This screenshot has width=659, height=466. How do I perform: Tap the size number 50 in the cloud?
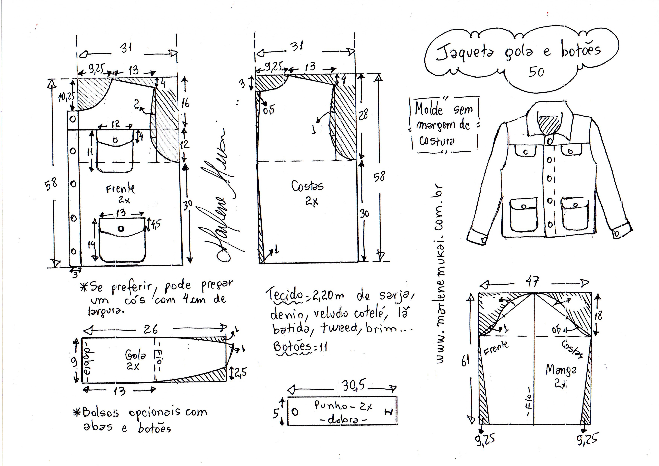(536, 72)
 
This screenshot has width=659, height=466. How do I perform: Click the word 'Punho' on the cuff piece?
(327, 406)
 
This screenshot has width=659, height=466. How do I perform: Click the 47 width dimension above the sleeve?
(532, 282)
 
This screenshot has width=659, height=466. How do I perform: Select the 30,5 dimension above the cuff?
(353, 386)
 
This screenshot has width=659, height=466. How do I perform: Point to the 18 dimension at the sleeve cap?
(598, 316)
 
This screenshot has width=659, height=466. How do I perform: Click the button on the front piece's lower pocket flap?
(121, 229)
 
